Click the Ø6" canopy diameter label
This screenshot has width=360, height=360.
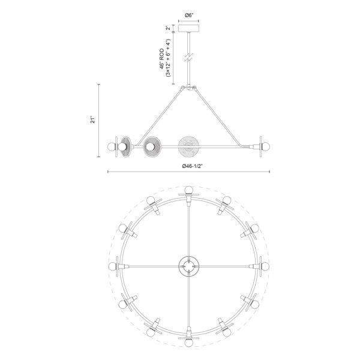click(189, 16)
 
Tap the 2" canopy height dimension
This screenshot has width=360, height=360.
click(169, 28)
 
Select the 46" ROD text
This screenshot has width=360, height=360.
click(163, 59)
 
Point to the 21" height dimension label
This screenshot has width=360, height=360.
click(92, 121)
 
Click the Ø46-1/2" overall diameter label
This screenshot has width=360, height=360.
click(192, 166)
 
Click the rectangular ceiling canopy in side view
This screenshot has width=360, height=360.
click(189, 28)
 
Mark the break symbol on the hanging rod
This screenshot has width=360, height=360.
click(189, 58)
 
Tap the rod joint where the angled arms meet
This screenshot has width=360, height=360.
click(189, 88)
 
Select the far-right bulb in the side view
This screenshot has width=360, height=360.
click(266, 146)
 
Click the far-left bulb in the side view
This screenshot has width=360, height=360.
click(112, 146)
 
